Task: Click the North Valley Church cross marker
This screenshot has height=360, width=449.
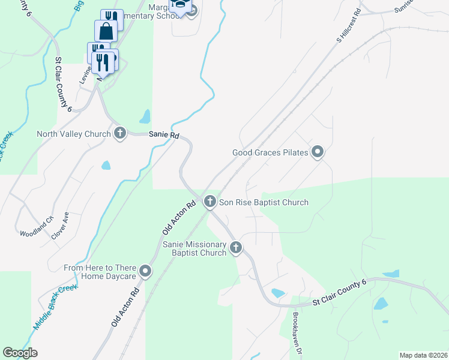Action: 120,134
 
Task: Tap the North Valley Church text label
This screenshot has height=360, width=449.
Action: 74,134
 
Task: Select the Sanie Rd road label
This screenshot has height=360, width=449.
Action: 164,136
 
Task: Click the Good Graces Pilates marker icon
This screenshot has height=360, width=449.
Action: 318,152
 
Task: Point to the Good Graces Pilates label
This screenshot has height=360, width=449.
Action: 270,152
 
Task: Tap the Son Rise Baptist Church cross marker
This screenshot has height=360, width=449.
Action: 210,202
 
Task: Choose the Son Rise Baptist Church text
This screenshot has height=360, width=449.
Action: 264,202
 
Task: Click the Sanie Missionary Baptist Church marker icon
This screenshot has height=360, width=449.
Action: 236,247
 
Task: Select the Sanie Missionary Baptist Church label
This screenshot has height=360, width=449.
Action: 194,249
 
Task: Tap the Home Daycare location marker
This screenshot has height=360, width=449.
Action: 145,272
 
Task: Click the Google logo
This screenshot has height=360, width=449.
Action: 20,353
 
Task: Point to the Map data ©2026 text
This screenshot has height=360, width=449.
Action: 423,355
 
